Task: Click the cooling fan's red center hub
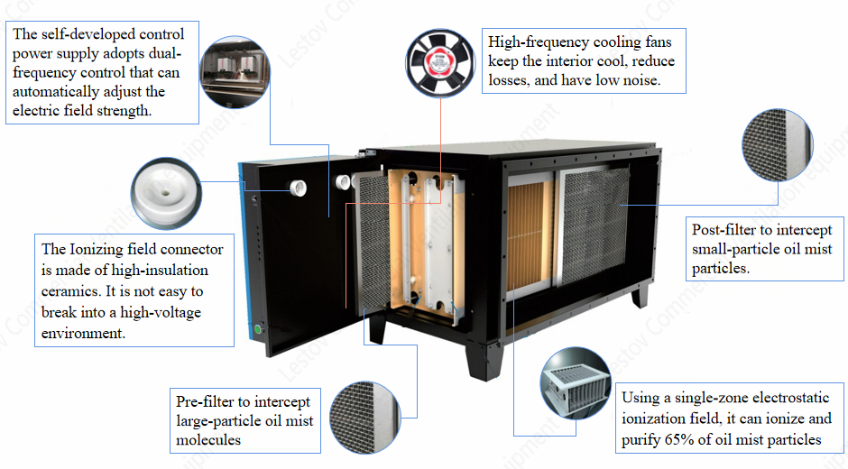point(439,63)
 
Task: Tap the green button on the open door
point(257,329)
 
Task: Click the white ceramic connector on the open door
point(298,188)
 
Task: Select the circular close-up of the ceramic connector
point(166,194)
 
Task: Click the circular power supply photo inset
point(235,72)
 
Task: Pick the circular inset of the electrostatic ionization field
point(576,383)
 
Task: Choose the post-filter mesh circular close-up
point(778,145)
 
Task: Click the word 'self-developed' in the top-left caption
point(88,34)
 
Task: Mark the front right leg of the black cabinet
point(484,362)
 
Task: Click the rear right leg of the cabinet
point(641,297)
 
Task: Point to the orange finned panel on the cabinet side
point(530,236)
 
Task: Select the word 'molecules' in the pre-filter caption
point(208,440)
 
